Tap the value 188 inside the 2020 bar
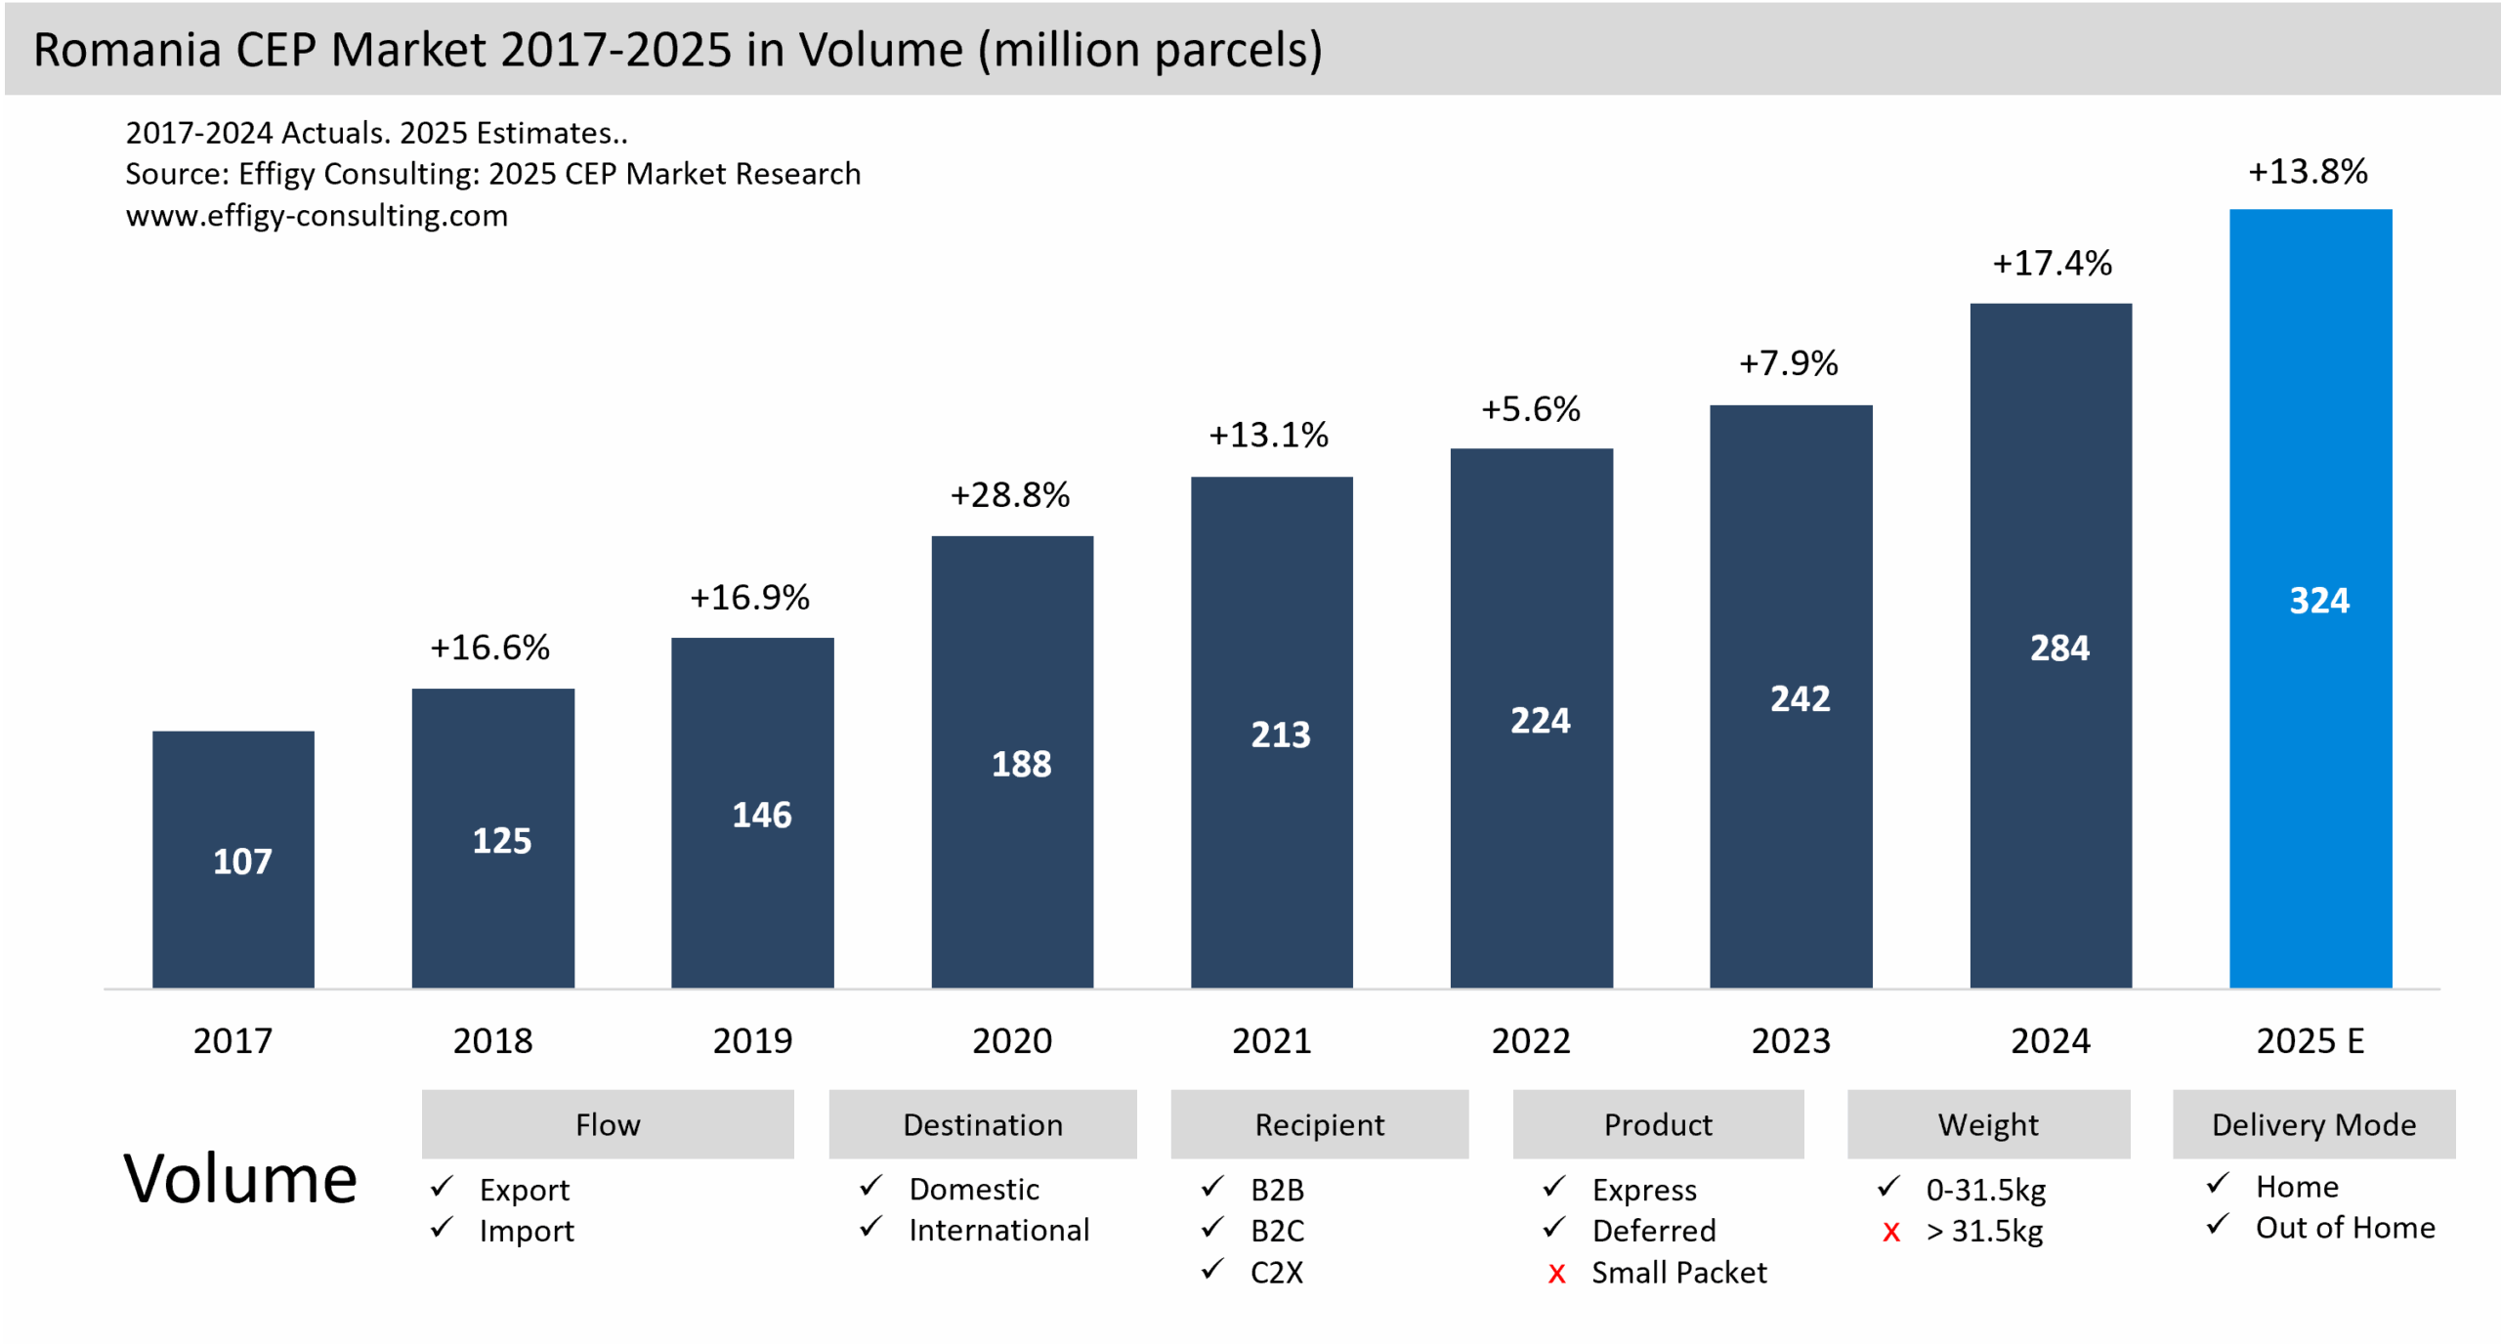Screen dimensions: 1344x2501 point(1021,764)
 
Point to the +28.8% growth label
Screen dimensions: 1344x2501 point(1010,495)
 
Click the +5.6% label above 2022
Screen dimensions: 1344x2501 point(1531,409)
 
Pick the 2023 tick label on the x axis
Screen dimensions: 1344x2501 point(1790,1041)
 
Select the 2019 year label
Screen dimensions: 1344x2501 point(752,1041)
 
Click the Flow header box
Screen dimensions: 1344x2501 point(608,1124)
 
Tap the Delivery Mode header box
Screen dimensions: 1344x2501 point(2313,1124)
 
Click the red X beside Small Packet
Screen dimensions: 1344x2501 point(1556,1274)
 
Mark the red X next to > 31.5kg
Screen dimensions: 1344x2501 point(1891,1233)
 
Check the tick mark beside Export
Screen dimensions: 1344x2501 point(443,1187)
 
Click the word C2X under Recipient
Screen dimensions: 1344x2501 point(1277,1273)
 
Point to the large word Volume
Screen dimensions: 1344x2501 point(240,1179)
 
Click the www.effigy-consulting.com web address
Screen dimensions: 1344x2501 point(317,215)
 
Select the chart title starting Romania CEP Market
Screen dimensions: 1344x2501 point(678,50)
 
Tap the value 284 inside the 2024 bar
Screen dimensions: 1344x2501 point(2059,648)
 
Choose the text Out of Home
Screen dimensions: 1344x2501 point(2345,1228)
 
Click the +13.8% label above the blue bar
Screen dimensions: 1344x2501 point(2308,172)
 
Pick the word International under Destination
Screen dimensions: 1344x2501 point(998,1231)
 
